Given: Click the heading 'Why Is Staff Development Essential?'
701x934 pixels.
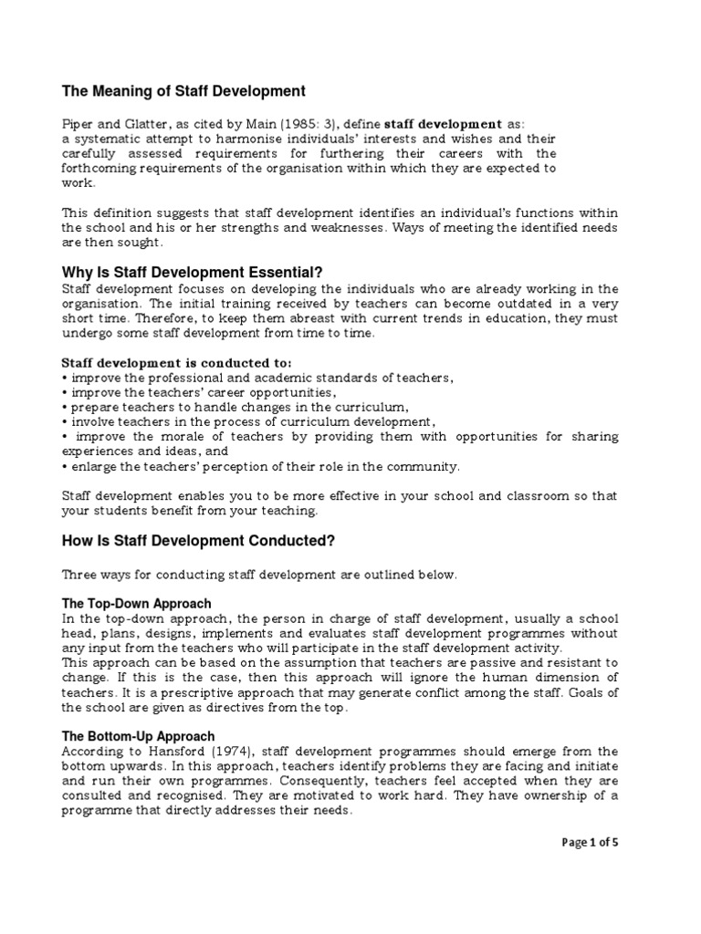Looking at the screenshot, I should pos(192,272).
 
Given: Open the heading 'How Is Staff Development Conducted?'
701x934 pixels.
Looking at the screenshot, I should pos(198,541).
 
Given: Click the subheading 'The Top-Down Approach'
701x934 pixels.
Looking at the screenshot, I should pos(136,604).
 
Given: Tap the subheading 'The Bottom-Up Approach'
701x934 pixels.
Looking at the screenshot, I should pos(138,736).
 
